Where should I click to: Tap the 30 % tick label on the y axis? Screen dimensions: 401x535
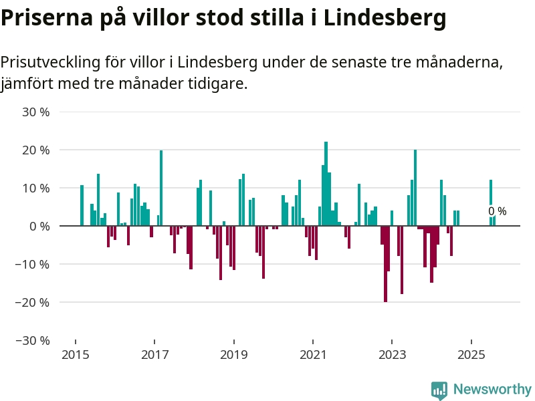(36, 112)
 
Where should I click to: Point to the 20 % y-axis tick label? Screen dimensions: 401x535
(36, 150)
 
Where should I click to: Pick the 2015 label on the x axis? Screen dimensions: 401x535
(75, 354)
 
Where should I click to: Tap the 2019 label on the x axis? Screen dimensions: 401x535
(233, 354)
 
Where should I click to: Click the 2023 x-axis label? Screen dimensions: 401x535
(392, 354)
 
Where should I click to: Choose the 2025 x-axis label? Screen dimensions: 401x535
(471, 354)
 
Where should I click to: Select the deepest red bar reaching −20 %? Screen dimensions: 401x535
(385, 264)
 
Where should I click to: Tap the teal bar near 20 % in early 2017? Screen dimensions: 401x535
(161, 188)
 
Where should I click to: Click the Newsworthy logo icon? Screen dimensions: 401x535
(439, 390)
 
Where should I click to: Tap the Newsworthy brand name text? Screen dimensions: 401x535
(492, 389)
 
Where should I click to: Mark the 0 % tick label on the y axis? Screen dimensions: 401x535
(39, 226)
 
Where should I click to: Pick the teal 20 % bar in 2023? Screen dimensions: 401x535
(415, 188)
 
